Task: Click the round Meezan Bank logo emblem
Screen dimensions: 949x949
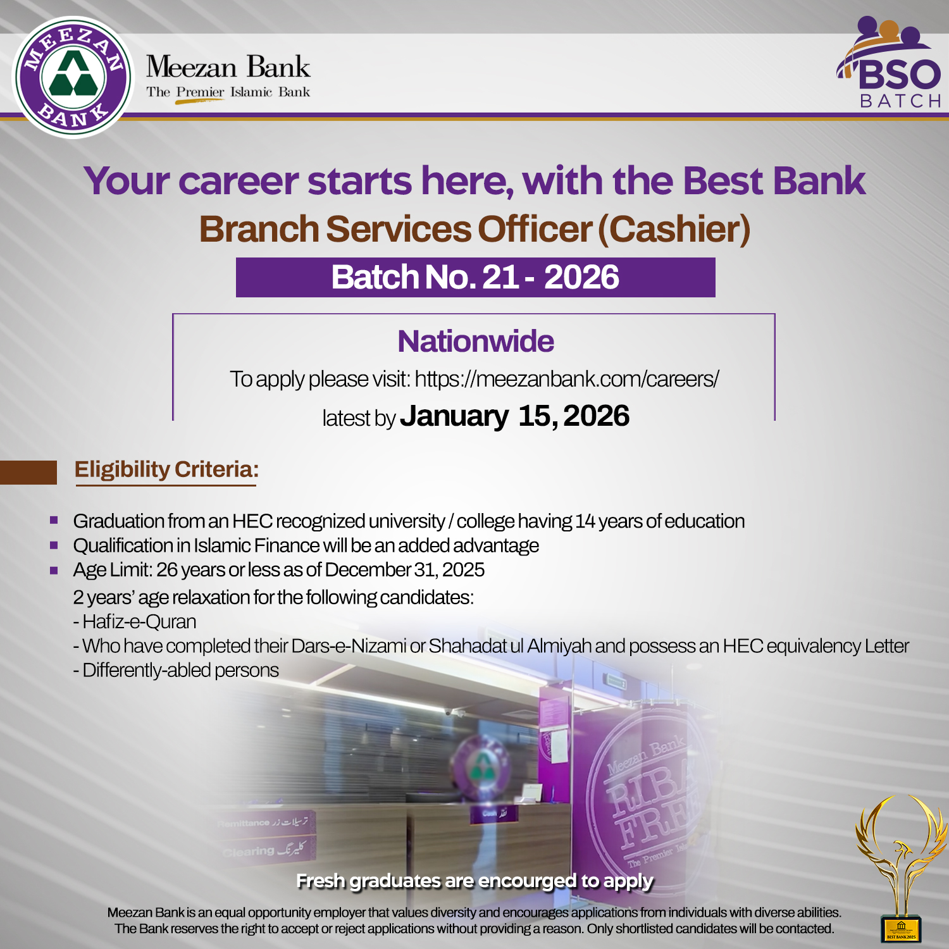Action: (x=73, y=77)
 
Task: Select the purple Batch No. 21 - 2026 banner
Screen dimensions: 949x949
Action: (x=475, y=277)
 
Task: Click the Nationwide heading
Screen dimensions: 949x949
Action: (x=475, y=342)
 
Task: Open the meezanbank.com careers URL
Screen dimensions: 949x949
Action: (x=567, y=379)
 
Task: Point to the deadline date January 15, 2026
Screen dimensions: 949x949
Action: (x=515, y=416)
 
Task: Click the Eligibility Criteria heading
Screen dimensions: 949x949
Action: (x=166, y=469)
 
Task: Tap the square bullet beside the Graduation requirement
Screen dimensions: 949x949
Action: (x=54, y=521)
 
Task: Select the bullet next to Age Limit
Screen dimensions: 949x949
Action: (x=54, y=570)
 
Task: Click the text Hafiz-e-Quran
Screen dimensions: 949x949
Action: (x=139, y=622)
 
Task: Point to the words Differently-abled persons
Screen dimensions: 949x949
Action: (x=180, y=671)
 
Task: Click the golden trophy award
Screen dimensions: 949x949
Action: (x=900, y=867)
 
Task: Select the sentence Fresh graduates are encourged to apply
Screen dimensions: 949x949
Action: (x=475, y=881)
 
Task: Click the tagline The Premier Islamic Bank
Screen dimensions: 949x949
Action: (x=228, y=92)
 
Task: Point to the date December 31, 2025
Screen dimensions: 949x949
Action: (x=405, y=570)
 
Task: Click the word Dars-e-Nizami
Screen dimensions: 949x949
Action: (x=349, y=646)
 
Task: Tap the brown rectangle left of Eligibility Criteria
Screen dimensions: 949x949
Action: (x=28, y=472)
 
